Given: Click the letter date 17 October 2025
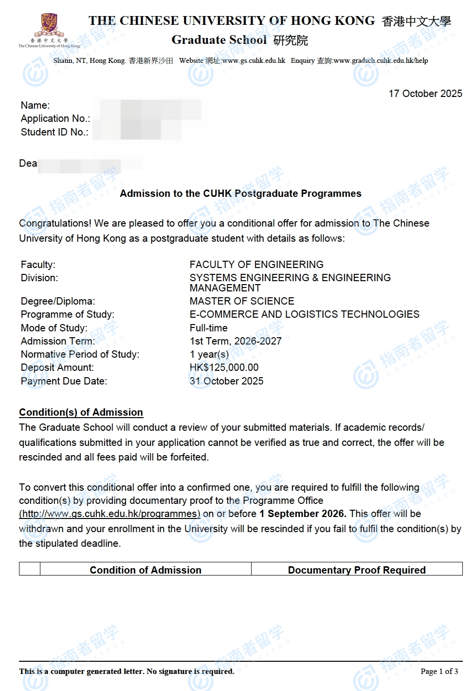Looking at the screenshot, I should (425, 94).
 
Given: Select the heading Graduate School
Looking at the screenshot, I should (219, 40).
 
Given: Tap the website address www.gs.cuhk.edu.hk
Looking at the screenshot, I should (254, 61).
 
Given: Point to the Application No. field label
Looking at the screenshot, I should (55, 118).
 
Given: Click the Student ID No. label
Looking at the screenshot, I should (55, 132).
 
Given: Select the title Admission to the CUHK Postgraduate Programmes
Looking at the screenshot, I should (240, 193).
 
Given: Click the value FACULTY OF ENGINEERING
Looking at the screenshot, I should (256, 265).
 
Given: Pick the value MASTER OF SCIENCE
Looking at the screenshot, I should (242, 301).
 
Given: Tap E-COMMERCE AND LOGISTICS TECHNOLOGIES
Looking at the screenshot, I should (304, 314).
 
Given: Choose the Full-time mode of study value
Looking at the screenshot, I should (208, 328).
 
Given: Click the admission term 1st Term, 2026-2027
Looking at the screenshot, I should (236, 341).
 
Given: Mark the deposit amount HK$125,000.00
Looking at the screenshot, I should (224, 367).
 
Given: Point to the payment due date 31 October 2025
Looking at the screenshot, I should (226, 381).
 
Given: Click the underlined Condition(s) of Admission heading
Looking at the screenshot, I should (81, 412).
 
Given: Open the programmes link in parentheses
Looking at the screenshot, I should (110, 514).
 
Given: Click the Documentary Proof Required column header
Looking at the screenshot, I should (357, 570).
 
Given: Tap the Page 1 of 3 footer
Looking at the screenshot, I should (439, 672).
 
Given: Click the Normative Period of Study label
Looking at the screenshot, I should (80, 354).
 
